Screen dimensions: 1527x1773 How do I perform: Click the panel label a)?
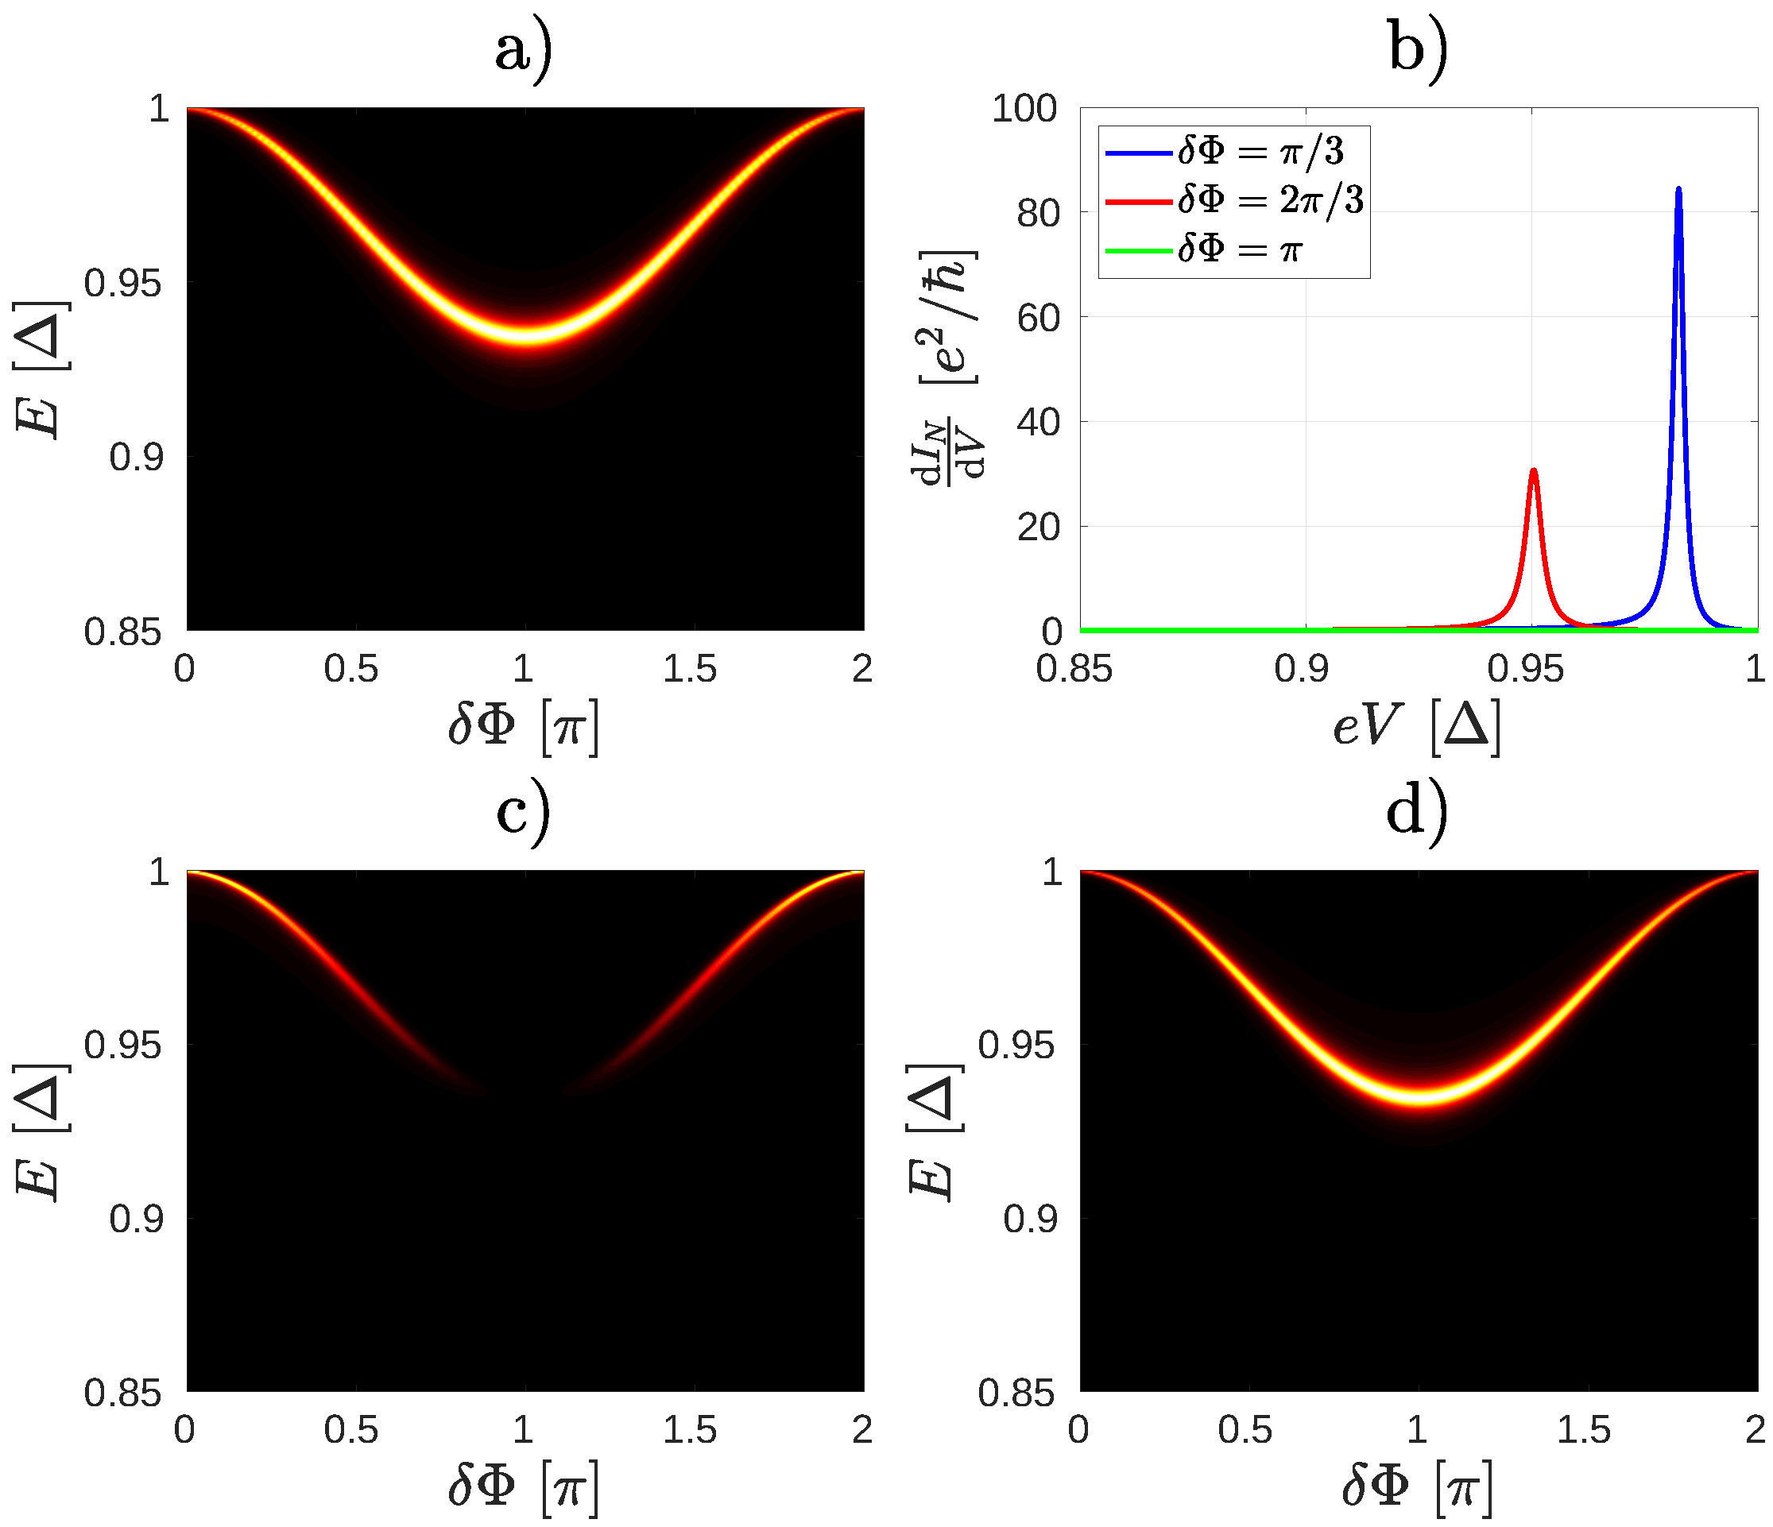pyautogui.click(x=524, y=49)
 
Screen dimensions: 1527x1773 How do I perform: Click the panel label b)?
pyautogui.click(x=1418, y=49)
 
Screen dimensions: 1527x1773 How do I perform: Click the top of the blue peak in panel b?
pyautogui.click(x=1678, y=189)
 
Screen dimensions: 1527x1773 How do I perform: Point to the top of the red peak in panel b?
pyautogui.click(x=1534, y=470)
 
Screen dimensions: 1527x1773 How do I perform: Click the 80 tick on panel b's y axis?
pyautogui.click(x=1037, y=213)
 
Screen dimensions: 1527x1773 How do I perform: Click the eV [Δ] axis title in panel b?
pyautogui.click(x=1417, y=726)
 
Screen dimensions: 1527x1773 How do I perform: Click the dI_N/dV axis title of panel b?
pyautogui.click(x=950, y=368)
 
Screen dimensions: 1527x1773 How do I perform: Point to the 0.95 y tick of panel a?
pyautogui.click(x=122, y=283)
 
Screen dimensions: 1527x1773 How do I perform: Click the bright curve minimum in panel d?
pyautogui.click(x=1419, y=1096)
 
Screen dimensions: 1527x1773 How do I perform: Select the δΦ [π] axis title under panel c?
pyautogui.click(x=524, y=1490)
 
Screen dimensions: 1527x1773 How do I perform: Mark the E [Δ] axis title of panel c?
pyautogui.click(x=41, y=1133)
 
